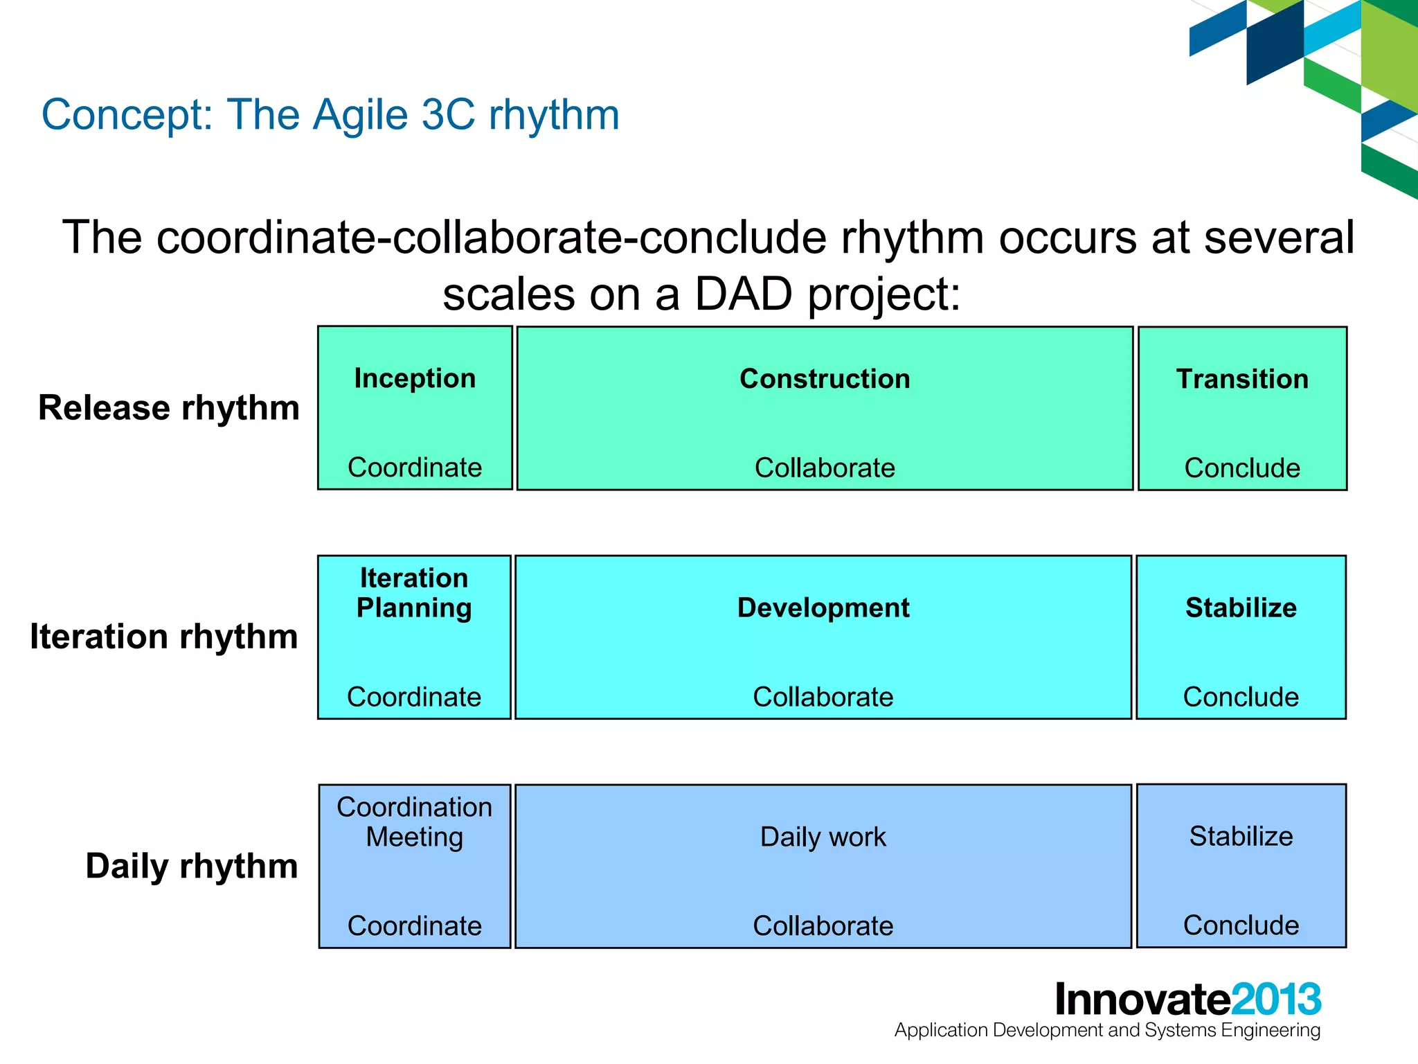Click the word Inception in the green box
coord(415,379)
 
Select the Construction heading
coord(825,379)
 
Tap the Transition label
coord(1242,379)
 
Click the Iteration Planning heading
coord(414,593)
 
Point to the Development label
coord(823,608)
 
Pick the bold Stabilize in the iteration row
coord(1241,608)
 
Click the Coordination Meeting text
coord(414,822)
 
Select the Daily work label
coord(823,837)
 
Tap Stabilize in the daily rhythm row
coord(1241,836)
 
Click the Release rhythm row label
coord(169,408)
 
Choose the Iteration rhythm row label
coord(164,637)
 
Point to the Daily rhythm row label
coord(192,866)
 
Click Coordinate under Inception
coord(415,468)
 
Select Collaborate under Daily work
coord(823,926)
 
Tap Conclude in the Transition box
coord(1242,468)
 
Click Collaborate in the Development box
coord(823,697)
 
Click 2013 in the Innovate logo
coord(1276,1000)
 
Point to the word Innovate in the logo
coord(1142,1000)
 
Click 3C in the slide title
coord(448,114)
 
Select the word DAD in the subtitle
coord(743,294)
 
